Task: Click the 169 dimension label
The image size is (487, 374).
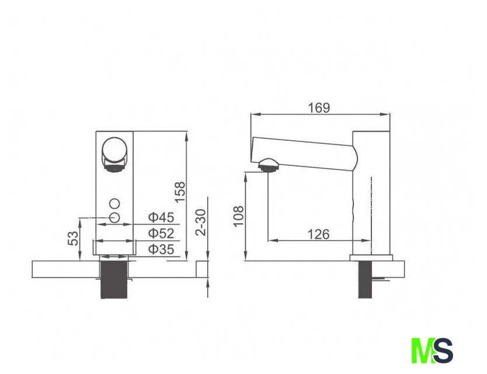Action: tap(319, 108)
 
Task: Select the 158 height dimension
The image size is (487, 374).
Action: tap(180, 192)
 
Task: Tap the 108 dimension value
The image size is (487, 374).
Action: tap(238, 216)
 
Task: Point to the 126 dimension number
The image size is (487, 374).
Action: tap(319, 234)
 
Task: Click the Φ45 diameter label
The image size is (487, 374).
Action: tap(161, 217)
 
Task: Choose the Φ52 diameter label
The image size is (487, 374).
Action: tap(161, 233)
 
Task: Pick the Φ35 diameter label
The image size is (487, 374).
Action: tap(161, 250)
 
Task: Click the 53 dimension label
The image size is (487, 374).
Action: tap(74, 238)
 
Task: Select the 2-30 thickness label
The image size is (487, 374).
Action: tap(201, 222)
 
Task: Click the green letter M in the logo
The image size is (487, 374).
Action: tap(422, 351)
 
